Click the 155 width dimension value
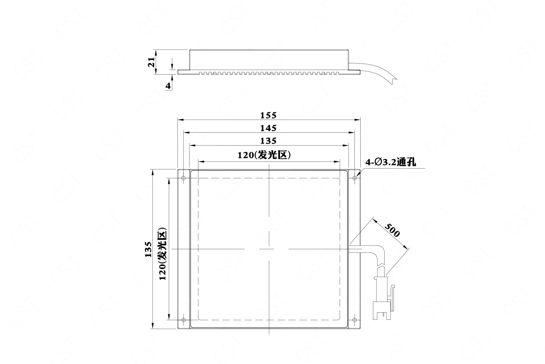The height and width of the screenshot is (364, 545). [x=269, y=115]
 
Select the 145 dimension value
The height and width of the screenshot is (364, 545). [x=269, y=128]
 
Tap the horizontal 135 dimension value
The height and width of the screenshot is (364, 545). [x=269, y=141]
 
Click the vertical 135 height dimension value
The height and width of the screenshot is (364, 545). [x=148, y=249]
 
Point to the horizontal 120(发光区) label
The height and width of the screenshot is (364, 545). [x=264, y=155]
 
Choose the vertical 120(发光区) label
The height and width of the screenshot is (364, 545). [x=162, y=253]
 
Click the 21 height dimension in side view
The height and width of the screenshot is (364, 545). [x=151, y=62]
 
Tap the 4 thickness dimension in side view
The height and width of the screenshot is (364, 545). [x=168, y=86]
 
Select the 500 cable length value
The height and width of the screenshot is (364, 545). [x=393, y=230]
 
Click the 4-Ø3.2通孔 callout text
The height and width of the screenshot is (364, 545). [x=391, y=162]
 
